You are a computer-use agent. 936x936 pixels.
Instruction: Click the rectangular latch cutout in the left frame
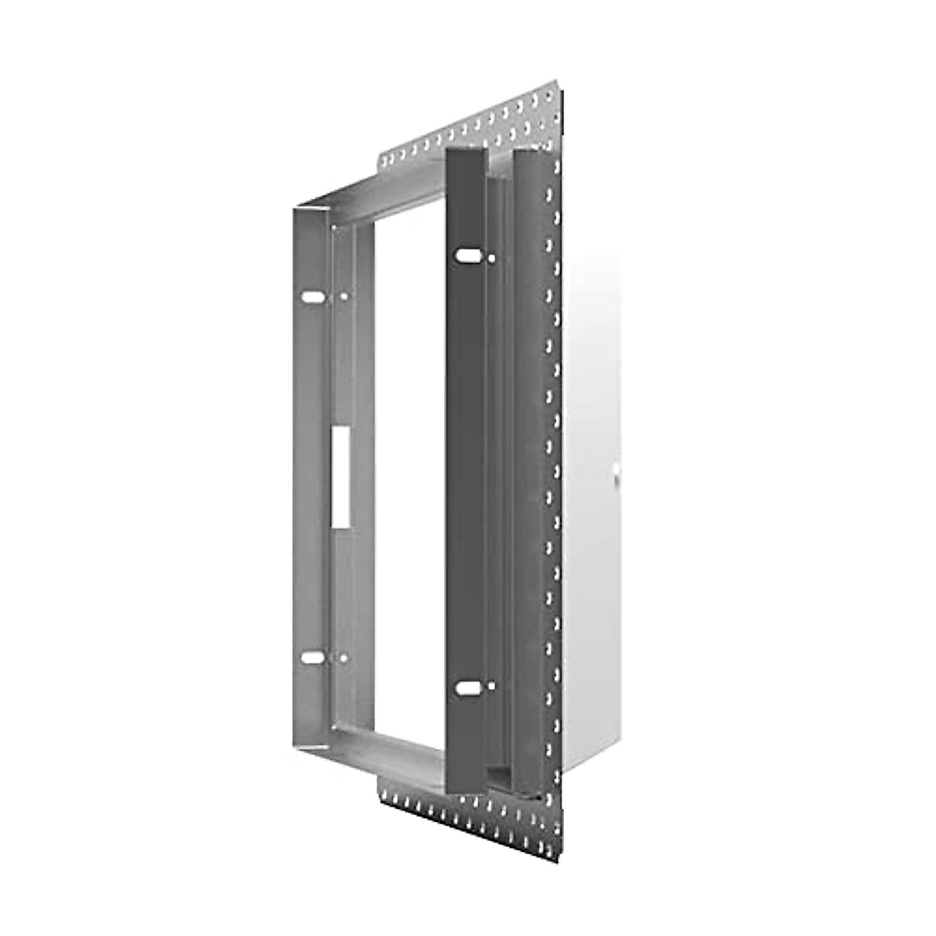coord(341,476)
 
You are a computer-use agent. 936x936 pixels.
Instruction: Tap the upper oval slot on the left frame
coord(312,297)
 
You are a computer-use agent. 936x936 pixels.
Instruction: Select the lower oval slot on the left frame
coord(313,658)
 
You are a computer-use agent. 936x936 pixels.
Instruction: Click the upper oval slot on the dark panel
coord(468,255)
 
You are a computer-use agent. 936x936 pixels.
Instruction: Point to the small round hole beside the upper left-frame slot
coord(344,296)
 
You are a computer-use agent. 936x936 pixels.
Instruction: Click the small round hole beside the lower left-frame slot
coord(344,658)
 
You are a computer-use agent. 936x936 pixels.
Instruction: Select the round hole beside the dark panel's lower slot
coord(491,686)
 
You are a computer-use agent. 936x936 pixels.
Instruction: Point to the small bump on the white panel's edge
coord(616,471)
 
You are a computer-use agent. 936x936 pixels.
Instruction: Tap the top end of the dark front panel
coord(465,154)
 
